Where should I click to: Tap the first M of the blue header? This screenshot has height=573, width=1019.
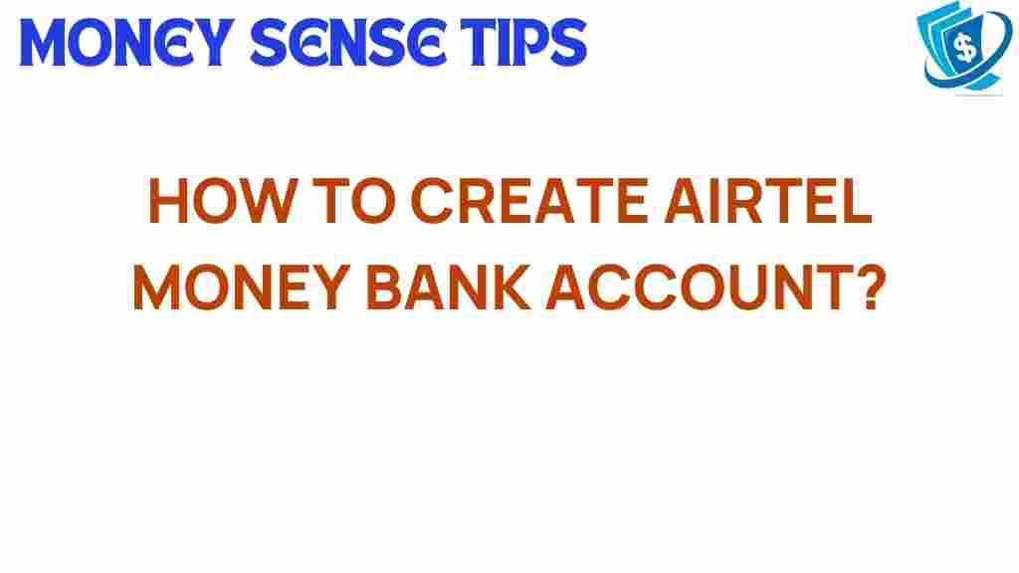point(46,43)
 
